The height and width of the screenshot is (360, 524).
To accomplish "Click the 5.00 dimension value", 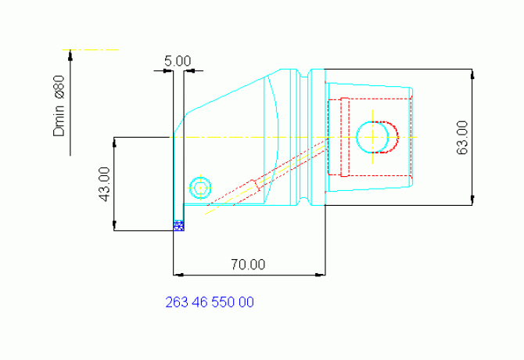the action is click(178, 61).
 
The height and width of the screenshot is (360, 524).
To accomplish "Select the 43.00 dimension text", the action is click(105, 184).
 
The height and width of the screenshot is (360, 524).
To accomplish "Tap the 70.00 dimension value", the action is click(248, 265).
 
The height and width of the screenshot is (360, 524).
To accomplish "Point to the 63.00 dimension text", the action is click(462, 137).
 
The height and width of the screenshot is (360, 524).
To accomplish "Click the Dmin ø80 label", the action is click(59, 106).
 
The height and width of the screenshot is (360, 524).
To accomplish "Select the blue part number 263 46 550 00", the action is click(210, 302).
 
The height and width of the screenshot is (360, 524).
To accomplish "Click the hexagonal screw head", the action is click(200, 188).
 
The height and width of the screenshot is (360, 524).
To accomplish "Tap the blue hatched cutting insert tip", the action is click(179, 225).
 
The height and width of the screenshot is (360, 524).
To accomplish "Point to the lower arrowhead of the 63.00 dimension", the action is click(472, 200).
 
